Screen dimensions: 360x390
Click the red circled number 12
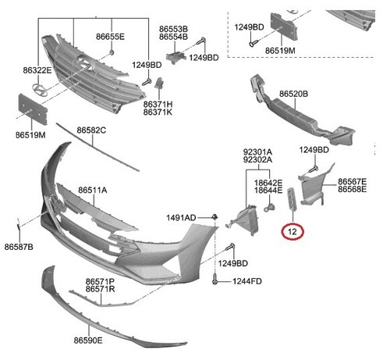(x=292, y=231)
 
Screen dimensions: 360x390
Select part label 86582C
(x=91, y=129)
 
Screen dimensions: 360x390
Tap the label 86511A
(x=92, y=190)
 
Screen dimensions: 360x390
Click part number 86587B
(x=19, y=246)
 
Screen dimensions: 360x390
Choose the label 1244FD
(x=246, y=280)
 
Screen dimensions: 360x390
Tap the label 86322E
(x=37, y=70)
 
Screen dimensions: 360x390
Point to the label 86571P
(x=101, y=280)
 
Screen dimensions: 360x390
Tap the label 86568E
(x=353, y=189)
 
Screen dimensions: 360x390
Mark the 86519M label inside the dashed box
(x=280, y=50)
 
